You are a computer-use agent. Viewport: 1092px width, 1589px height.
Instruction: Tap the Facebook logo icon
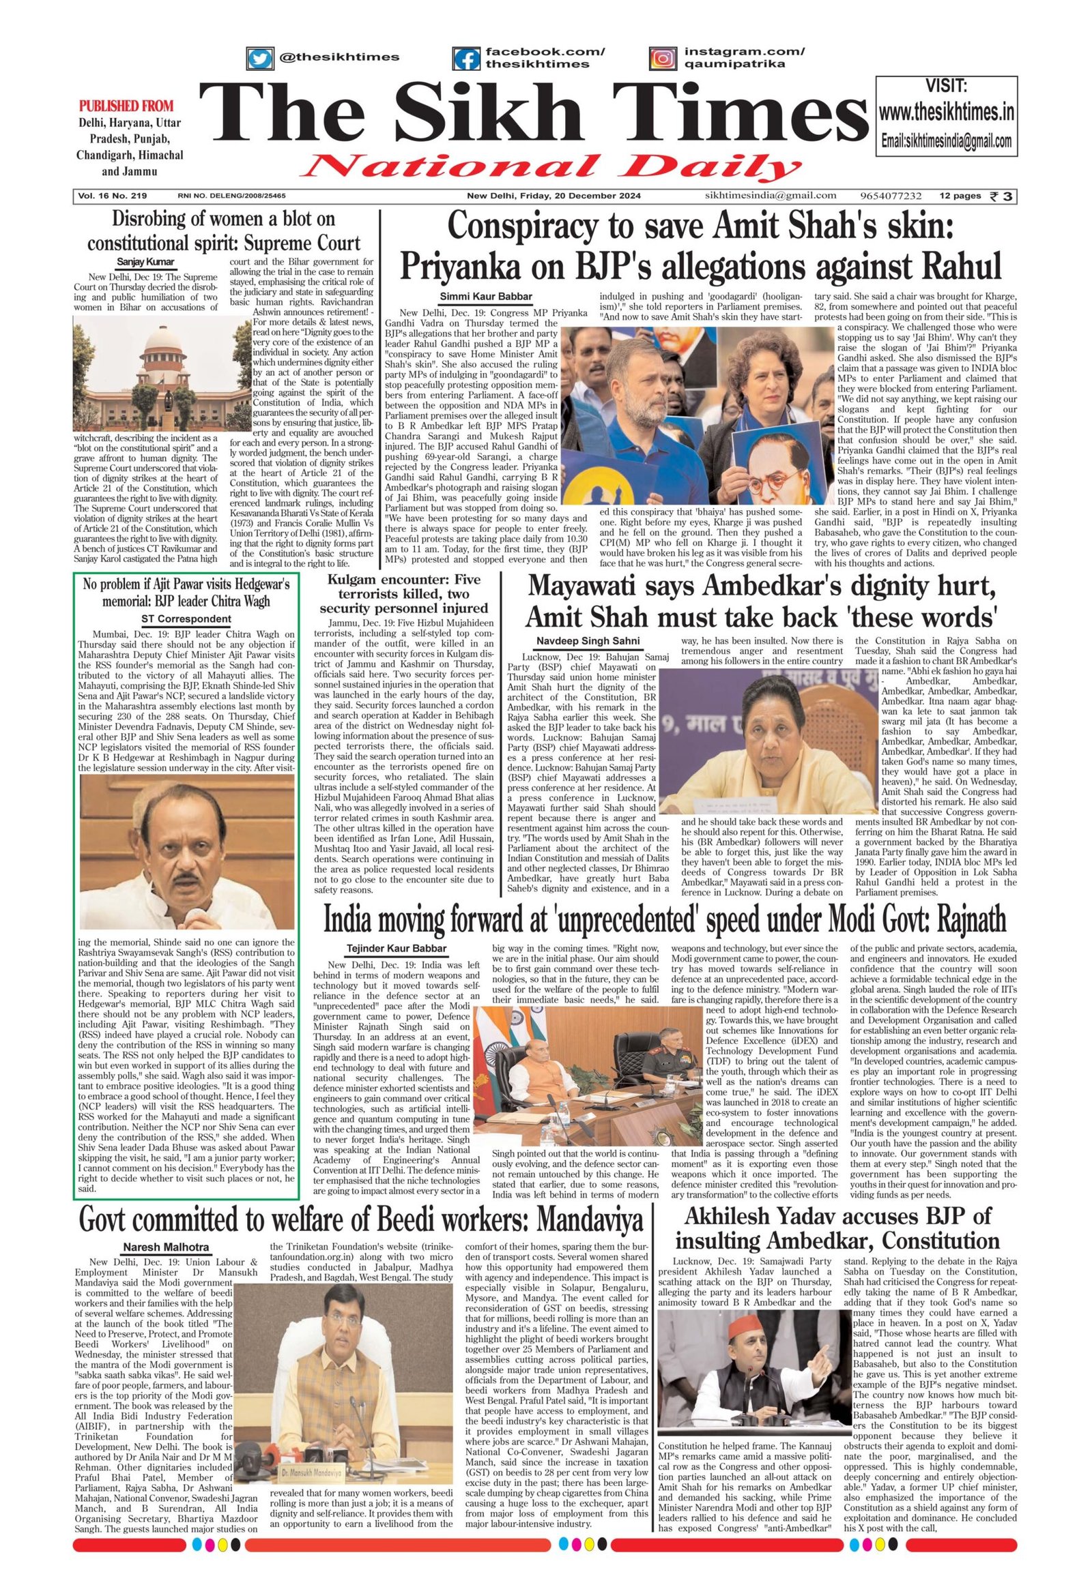pyautogui.click(x=468, y=59)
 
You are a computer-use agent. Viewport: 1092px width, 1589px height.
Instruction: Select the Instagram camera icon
pyautogui.click(x=661, y=59)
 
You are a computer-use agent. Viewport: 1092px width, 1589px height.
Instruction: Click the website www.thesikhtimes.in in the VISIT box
pyautogui.click(x=946, y=112)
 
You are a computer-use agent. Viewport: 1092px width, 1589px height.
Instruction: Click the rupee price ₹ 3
pyautogui.click(x=1003, y=197)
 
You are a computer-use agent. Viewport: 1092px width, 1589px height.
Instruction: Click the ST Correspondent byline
pyautogui.click(x=186, y=619)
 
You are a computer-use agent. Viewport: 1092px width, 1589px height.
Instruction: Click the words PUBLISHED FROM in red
pyautogui.click(x=126, y=106)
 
